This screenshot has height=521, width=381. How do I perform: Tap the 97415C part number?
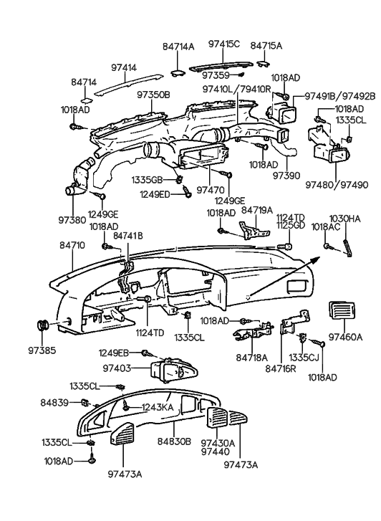pyautogui.click(x=224, y=44)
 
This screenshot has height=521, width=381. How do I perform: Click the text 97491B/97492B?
pyautogui.click(x=339, y=96)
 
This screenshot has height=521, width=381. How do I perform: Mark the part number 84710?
pyautogui.click(x=72, y=245)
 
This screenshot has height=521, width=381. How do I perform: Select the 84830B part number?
pyautogui.click(x=174, y=442)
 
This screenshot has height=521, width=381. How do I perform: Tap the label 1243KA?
pyautogui.click(x=158, y=407)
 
